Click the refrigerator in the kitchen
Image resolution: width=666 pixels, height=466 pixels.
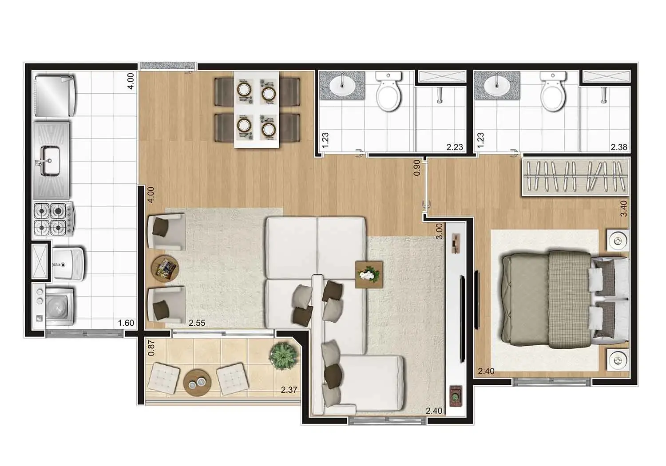pos(55,96)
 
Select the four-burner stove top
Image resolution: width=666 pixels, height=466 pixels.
pos(53,219)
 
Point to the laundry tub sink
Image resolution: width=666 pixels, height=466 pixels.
pos(68,264)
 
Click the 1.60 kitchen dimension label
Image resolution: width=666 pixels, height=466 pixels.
pos(126,323)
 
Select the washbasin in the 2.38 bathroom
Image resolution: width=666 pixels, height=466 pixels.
pos(496,86)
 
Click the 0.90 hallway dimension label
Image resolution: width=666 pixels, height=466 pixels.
pos(417,168)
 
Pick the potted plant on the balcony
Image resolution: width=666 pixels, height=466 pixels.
pos(283,356)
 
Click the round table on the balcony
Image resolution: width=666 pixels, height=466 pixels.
pos(197,383)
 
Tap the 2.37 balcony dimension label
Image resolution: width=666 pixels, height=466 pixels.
pos(289,390)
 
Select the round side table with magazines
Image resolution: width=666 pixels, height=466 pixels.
pos(165,268)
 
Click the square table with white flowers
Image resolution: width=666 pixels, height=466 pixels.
pos(369,275)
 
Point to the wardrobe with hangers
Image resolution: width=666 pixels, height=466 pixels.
pos(575,177)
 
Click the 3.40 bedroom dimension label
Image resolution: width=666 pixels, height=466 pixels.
pos(624,209)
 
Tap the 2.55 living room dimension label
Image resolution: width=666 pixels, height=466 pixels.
pos(197,323)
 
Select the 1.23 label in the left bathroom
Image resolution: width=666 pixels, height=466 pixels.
pos(325,140)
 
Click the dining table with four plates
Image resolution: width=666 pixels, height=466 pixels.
pos(256,109)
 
